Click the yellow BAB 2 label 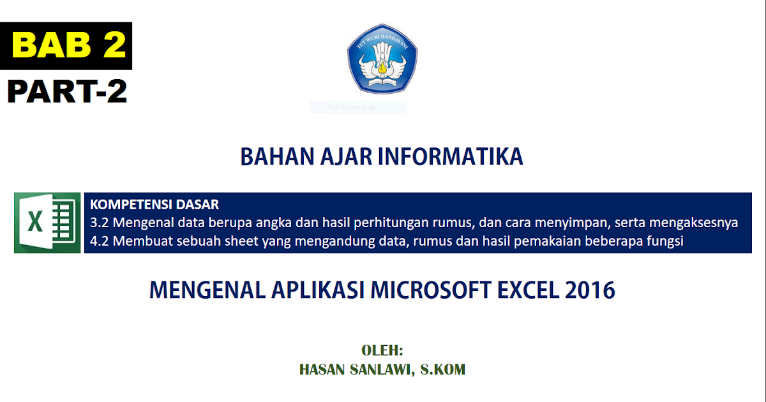(69, 46)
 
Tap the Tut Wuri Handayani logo (382, 59)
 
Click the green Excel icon (47, 223)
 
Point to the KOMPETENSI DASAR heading (154, 205)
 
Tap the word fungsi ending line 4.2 (666, 241)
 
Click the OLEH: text (382, 350)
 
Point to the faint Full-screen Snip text (352, 108)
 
